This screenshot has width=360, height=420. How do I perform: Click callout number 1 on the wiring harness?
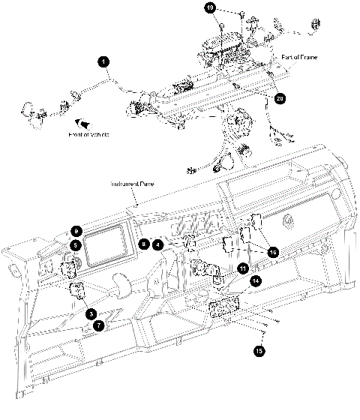(x=103, y=60)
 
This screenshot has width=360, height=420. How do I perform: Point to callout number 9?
(x=76, y=231)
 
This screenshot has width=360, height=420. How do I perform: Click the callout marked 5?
(x=76, y=244)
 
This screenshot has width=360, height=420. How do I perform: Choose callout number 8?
(x=144, y=244)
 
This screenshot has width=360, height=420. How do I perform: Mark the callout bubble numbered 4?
(x=157, y=244)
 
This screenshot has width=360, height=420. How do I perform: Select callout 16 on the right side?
(x=273, y=253)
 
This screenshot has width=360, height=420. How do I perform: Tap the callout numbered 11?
(x=242, y=268)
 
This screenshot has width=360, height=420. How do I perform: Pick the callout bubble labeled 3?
(x=90, y=313)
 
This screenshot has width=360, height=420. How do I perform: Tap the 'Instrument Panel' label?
(x=133, y=184)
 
